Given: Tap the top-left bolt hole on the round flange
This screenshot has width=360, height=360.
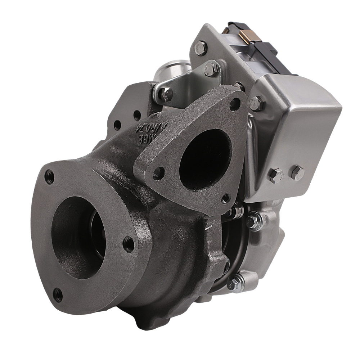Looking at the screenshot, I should click(x=50, y=177).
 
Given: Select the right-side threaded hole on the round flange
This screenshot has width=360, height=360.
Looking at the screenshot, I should click(x=129, y=244).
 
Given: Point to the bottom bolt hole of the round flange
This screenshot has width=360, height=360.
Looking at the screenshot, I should click(x=58, y=295).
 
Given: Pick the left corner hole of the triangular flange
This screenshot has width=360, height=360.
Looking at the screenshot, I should click(x=158, y=173).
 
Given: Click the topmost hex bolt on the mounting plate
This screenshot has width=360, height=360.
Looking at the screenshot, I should click(x=201, y=48).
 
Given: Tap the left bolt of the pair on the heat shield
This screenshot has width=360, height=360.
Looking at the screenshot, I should click(x=275, y=175).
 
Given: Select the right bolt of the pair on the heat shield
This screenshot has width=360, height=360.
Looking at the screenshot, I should click(x=297, y=173).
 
